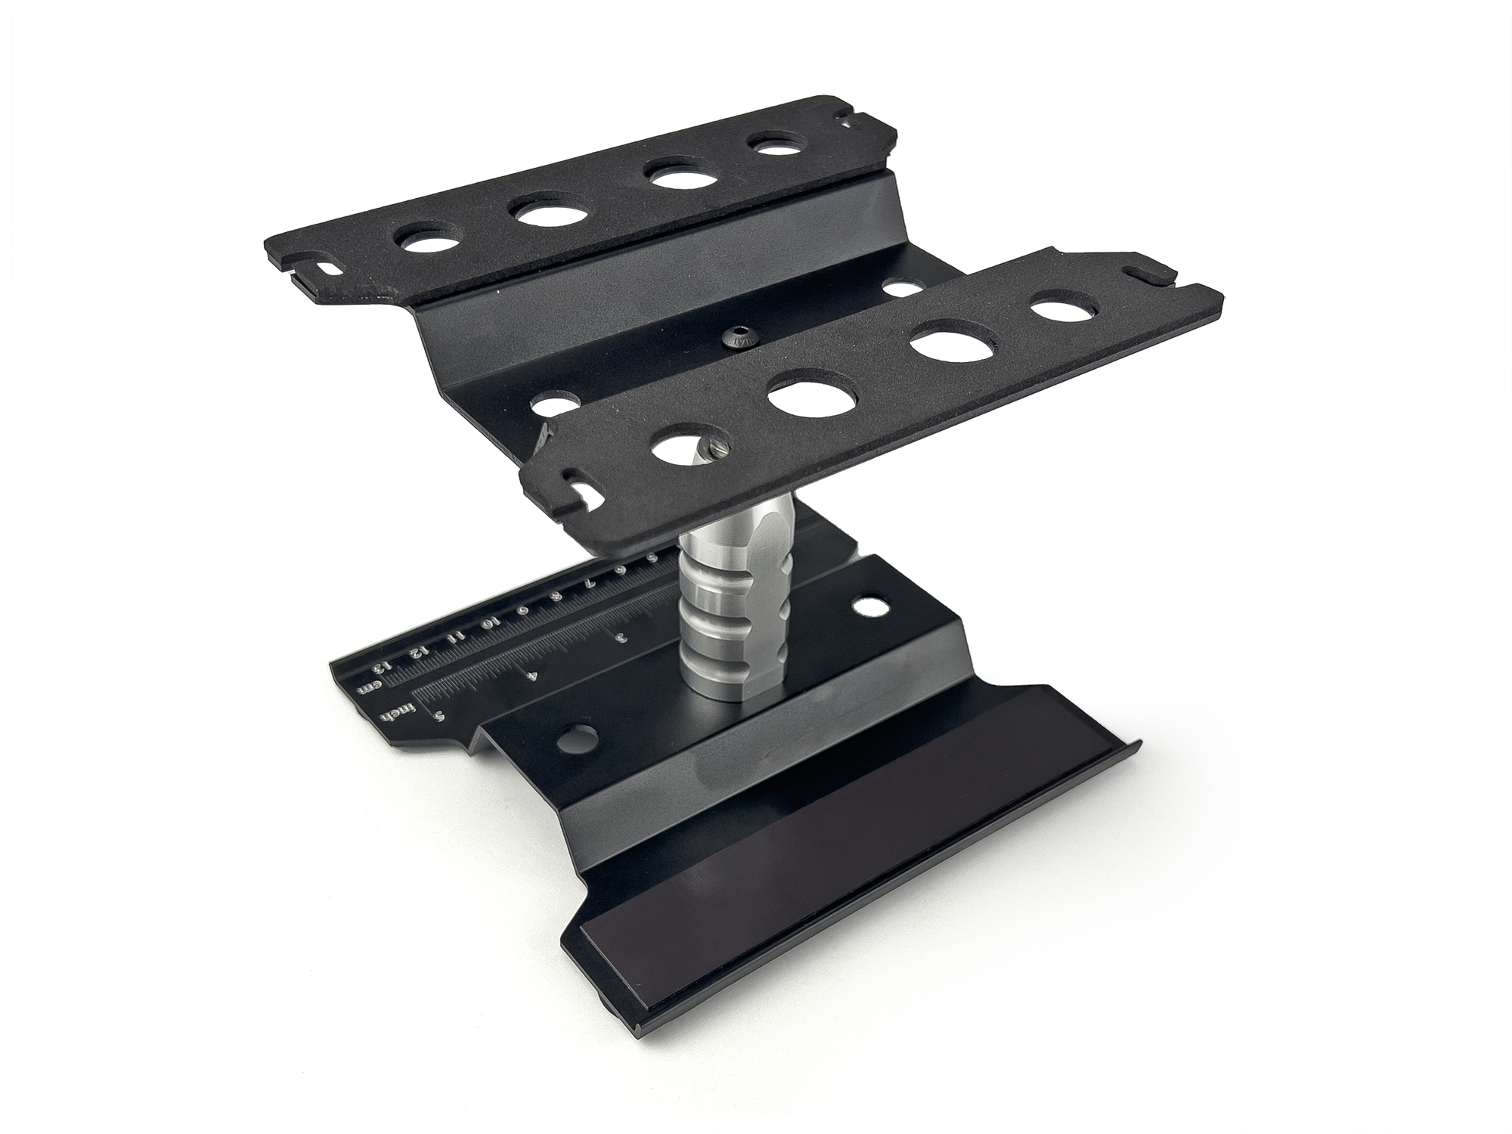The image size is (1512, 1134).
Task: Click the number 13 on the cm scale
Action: click(x=383, y=665)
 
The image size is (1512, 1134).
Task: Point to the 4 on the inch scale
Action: click(x=534, y=675)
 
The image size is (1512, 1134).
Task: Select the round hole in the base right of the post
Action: click(x=862, y=606)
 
